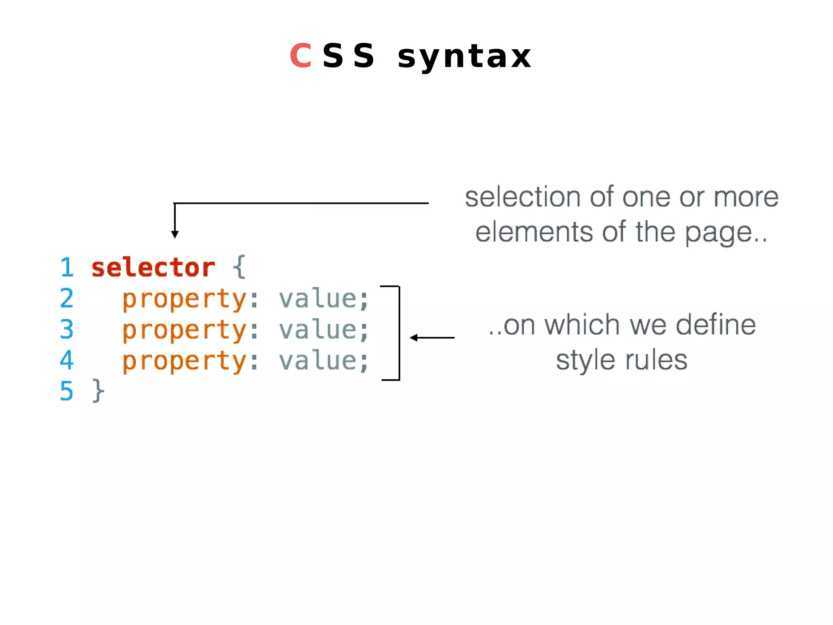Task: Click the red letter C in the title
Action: click(301, 56)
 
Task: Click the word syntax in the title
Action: click(464, 57)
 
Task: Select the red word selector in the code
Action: click(153, 268)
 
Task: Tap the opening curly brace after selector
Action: click(240, 267)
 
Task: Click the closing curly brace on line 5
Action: click(98, 391)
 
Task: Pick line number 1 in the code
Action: click(67, 268)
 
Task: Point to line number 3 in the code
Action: click(67, 329)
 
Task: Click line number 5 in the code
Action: click(67, 391)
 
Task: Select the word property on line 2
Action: click(184, 299)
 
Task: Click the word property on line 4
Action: click(184, 361)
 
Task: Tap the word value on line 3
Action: click(318, 330)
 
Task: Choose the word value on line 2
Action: click(318, 299)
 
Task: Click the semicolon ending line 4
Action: click(364, 362)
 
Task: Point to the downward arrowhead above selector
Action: click(175, 234)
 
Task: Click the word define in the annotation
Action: click(716, 325)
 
